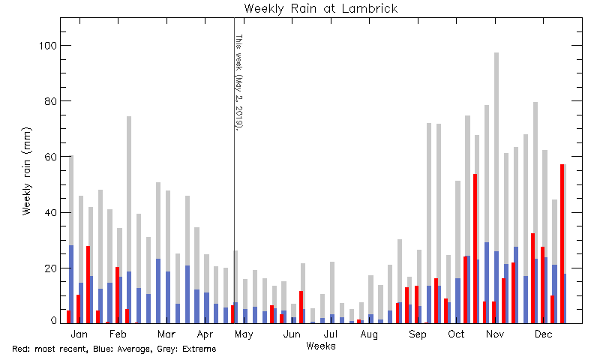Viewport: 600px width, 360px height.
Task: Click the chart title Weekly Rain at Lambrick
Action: coord(321,8)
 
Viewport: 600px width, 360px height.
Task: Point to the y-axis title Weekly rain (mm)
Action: coord(26,171)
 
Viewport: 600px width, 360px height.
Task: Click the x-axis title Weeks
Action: coord(321,346)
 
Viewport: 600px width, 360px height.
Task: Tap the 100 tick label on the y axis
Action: coord(48,46)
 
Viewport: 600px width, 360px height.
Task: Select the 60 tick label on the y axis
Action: coord(50,157)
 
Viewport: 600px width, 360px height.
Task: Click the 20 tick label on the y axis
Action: coord(50,268)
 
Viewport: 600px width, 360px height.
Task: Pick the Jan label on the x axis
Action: coord(79,334)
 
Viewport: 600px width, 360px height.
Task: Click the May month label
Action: coord(244,334)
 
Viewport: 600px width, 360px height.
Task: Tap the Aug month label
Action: coord(369,334)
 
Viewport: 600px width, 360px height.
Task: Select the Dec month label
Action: coord(543,334)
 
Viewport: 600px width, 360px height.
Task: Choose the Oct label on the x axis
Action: coord(456,334)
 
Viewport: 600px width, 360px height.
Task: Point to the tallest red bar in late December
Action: coord(562,244)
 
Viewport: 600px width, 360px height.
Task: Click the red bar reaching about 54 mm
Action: coord(475,249)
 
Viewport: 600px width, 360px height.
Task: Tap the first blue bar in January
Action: coord(71,284)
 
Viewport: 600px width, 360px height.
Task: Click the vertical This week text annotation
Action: coord(239,82)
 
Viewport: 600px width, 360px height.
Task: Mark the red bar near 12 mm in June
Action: coord(301,307)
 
